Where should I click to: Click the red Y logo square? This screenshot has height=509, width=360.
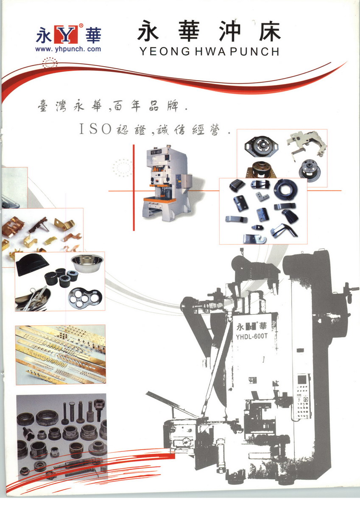pos(66,34)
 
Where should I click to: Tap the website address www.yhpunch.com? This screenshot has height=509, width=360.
pos(68,49)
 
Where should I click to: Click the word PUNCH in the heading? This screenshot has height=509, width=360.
pos(254,52)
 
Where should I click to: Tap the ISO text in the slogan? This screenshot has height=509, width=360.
pos(95,129)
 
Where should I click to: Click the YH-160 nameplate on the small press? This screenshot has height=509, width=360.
pos(156,152)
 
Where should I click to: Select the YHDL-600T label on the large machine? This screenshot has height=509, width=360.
pos(251,336)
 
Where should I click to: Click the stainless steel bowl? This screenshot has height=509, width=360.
pos(87,263)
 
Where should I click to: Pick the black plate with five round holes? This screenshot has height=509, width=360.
pos(85,298)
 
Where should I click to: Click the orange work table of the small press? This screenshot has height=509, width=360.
pos(160,199)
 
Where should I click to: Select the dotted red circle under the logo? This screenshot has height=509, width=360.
pos(50,63)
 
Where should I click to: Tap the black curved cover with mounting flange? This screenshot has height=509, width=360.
pos(32,264)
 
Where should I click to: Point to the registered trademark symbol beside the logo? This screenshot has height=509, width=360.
pos(81,25)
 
